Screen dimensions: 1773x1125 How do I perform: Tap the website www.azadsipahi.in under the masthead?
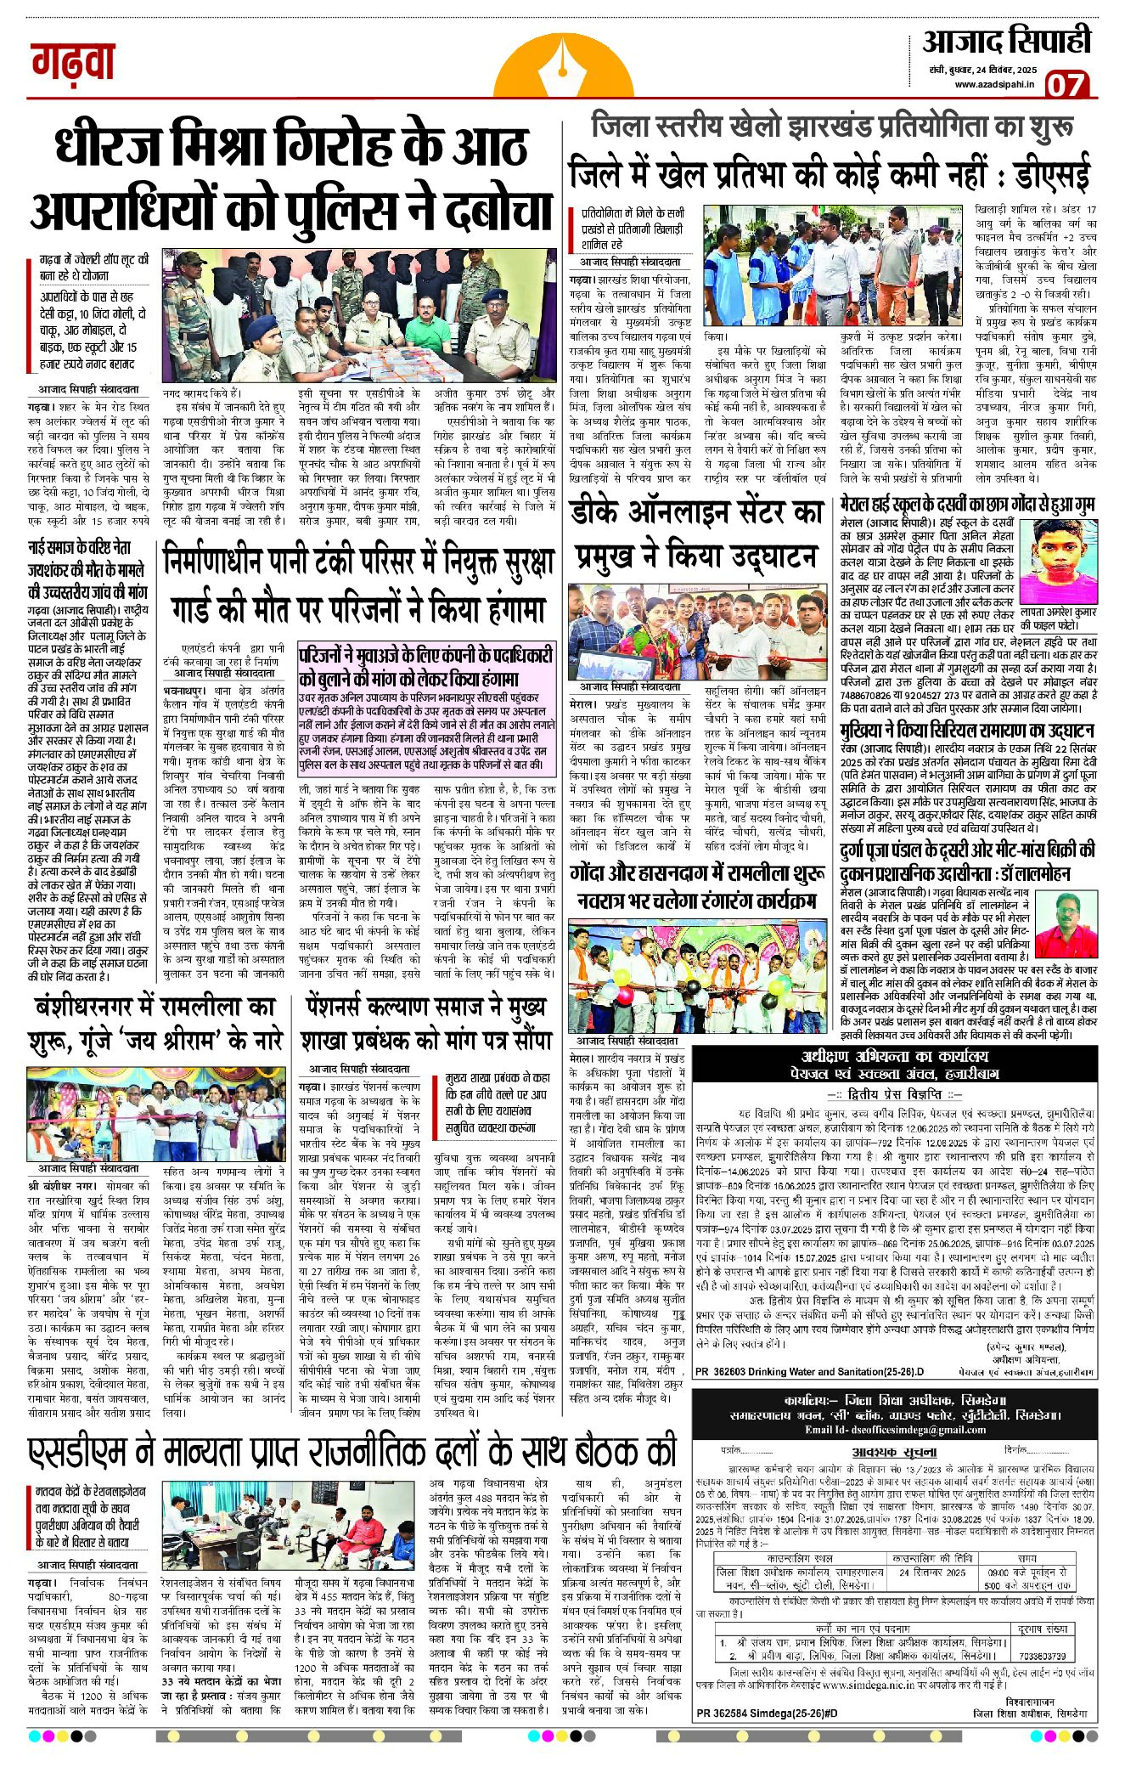point(993,84)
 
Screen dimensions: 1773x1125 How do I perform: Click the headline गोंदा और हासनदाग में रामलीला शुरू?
point(696,874)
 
